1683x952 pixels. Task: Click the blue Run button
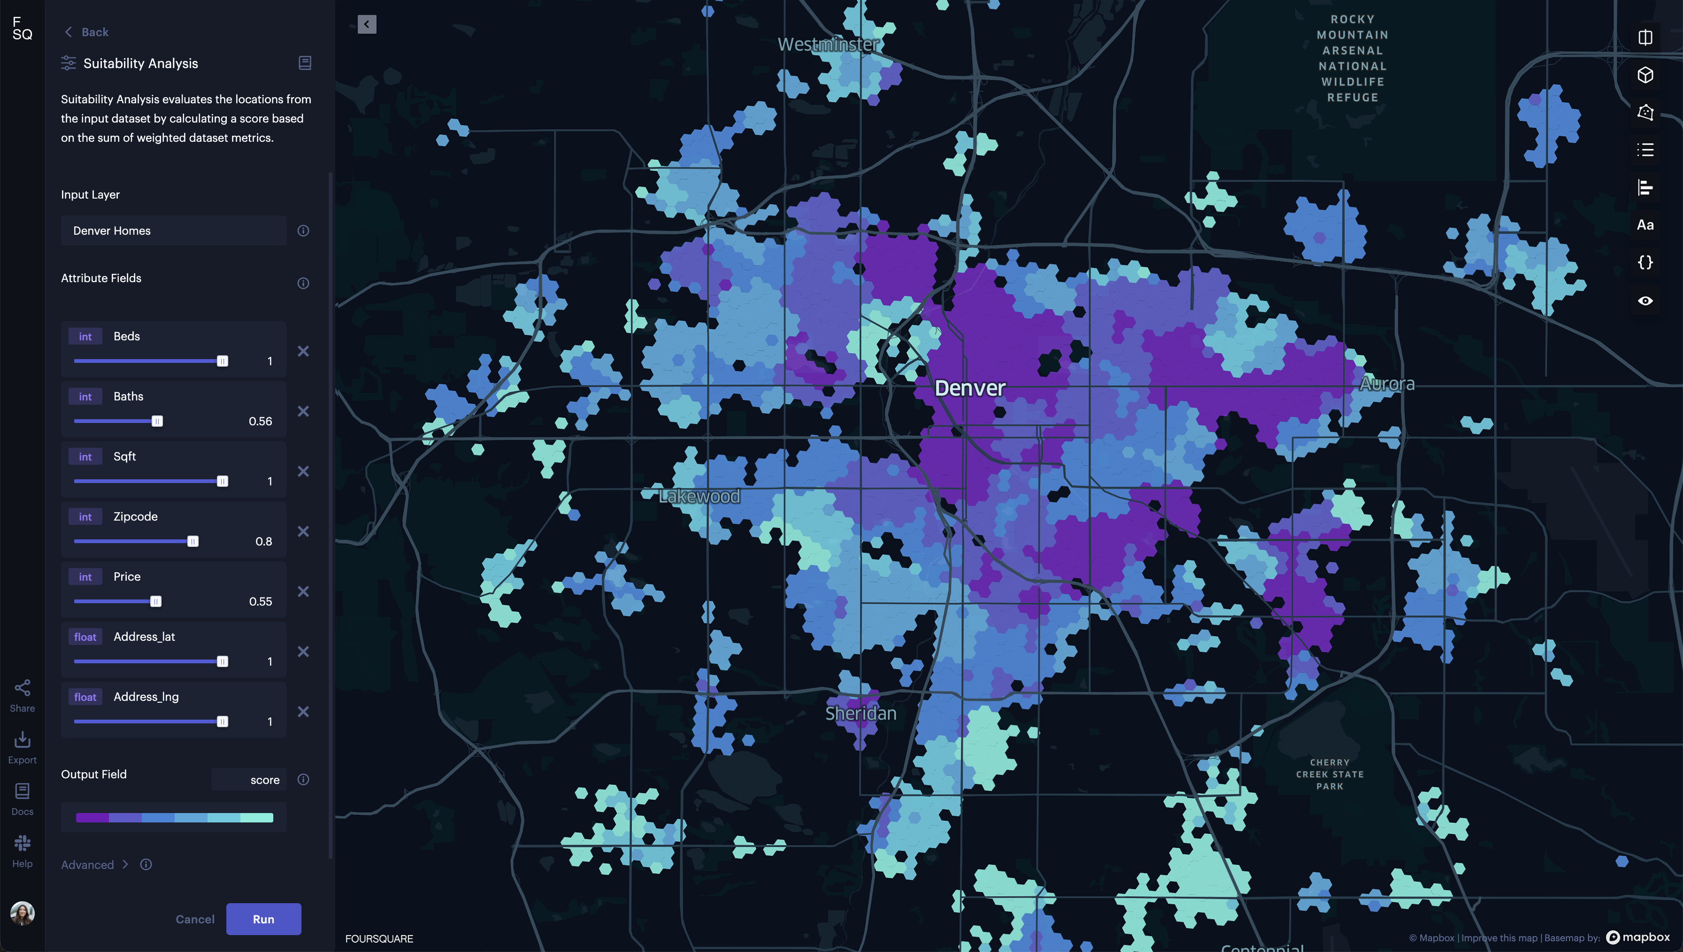point(263,919)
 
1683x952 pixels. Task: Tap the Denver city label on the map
point(970,388)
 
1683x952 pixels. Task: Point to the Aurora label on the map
point(1387,384)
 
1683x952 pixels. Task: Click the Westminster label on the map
point(828,45)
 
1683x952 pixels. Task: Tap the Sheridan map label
point(860,714)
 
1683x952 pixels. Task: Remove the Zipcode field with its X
point(303,531)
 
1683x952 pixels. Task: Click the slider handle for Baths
point(157,422)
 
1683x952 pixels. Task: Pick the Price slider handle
point(155,601)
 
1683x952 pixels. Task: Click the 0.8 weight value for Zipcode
point(263,541)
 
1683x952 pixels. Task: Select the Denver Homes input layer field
point(173,231)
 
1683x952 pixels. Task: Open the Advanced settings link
point(88,864)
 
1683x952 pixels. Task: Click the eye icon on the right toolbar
point(1645,301)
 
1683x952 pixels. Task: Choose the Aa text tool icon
point(1645,225)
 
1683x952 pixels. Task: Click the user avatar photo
point(22,913)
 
